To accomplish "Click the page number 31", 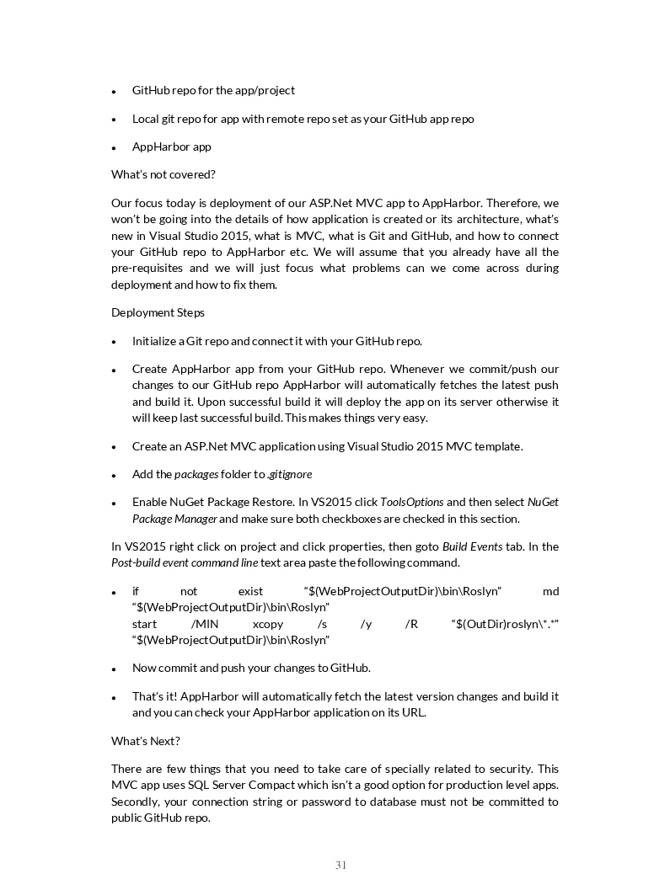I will pos(340,865).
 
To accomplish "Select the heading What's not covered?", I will pos(163,174).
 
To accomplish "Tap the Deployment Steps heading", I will pos(158,312).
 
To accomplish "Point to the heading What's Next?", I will pos(146,741).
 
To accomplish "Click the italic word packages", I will pos(196,475).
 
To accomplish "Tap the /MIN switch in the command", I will pos(205,624).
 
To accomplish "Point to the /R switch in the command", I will pos(411,624).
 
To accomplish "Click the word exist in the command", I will pos(250,592).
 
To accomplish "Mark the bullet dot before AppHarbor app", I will pos(114,148).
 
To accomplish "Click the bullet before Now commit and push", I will pos(114,669).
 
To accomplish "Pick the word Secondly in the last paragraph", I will pos(136,802).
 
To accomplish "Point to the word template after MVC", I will pos(497,446).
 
